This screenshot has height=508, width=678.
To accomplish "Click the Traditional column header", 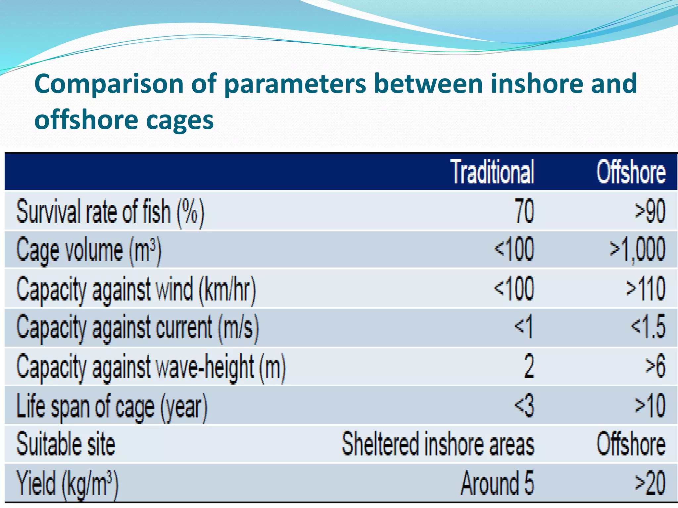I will click(x=492, y=172).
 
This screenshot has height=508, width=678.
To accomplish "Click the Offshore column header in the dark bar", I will click(x=631, y=172).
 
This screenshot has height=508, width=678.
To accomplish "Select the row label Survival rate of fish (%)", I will click(x=110, y=212).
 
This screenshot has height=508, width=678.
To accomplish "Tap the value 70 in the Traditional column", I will click(x=524, y=211).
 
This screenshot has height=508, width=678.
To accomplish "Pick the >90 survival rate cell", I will click(x=650, y=211).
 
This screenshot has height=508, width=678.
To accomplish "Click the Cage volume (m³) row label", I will click(x=89, y=250).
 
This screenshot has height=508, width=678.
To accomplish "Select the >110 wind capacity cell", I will click(x=646, y=289).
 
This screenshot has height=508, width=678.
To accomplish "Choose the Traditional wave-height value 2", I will click(x=529, y=366).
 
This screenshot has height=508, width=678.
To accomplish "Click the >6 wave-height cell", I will click(x=655, y=366).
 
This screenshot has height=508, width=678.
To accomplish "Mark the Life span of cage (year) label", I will click(x=112, y=406).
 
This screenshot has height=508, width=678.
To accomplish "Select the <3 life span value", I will click(x=524, y=405).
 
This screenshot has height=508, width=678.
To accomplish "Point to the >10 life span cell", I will click(x=650, y=405).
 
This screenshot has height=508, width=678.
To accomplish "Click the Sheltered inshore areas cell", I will click(x=438, y=444).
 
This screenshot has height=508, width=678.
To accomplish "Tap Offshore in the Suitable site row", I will click(x=631, y=444).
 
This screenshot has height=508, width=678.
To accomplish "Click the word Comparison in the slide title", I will click(x=109, y=84).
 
